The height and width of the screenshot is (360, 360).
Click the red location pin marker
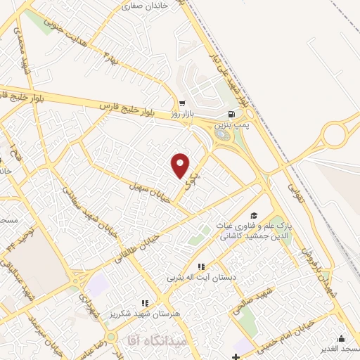[x=181, y=165]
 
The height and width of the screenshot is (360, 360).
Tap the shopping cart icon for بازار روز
[x=182, y=103]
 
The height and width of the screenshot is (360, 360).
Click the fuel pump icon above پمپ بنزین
[x=230, y=115]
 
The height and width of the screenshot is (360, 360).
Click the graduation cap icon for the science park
[x=254, y=215]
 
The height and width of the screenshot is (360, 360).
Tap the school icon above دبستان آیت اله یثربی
[x=202, y=266]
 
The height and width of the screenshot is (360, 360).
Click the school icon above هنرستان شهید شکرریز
[x=146, y=302]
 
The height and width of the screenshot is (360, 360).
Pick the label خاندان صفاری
[x=146, y=6]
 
